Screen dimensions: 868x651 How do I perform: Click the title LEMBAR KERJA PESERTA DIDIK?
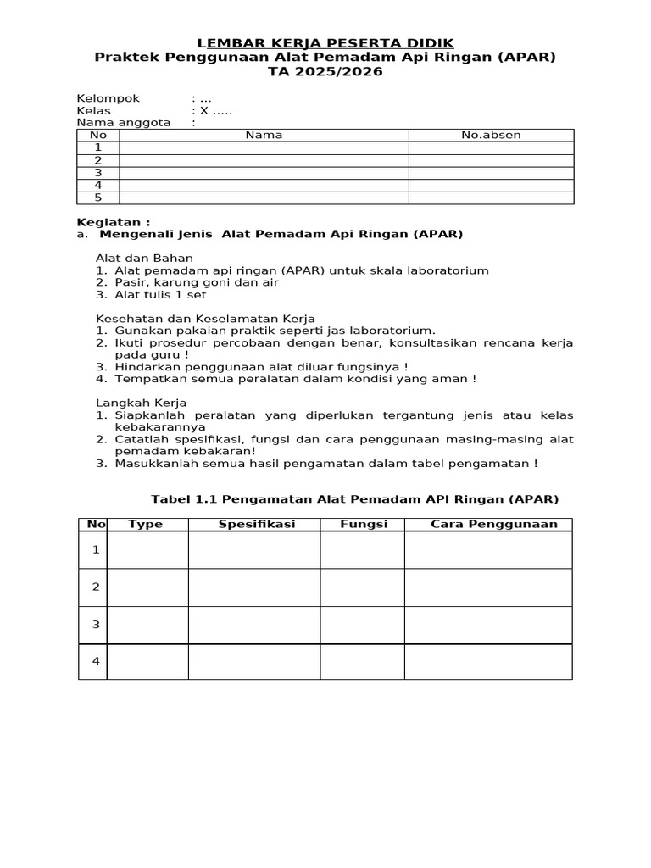tap(325, 42)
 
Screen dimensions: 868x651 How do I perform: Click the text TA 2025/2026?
tap(325, 72)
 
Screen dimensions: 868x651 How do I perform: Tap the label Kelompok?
tap(108, 98)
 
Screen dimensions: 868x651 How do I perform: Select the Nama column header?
tap(264, 135)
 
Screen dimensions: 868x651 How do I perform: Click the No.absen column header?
tap(491, 135)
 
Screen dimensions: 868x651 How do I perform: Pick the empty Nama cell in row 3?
tap(264, 173)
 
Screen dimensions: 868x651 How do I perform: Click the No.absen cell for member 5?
tap(491, 198)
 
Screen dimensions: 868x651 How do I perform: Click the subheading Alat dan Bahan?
tap(144, 258)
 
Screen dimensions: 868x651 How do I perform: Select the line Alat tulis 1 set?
tap(160, 294)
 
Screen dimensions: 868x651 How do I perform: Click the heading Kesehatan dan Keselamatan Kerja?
tap(205, 318)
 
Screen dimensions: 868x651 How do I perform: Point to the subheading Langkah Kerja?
tap(141, 403)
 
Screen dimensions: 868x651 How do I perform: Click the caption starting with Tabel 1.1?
tap(354, 499)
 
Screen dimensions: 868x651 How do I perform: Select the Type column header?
tap(145, 524)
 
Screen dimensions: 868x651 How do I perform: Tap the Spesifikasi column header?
tap(256, 524)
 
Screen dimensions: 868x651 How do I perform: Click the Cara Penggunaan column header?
tap(494, 524)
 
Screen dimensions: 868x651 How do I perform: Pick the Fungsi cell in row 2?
tap(362, 587)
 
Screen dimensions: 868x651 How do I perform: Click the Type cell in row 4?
tap(148, 661)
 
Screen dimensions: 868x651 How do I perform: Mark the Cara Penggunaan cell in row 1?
tap(488, 549)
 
